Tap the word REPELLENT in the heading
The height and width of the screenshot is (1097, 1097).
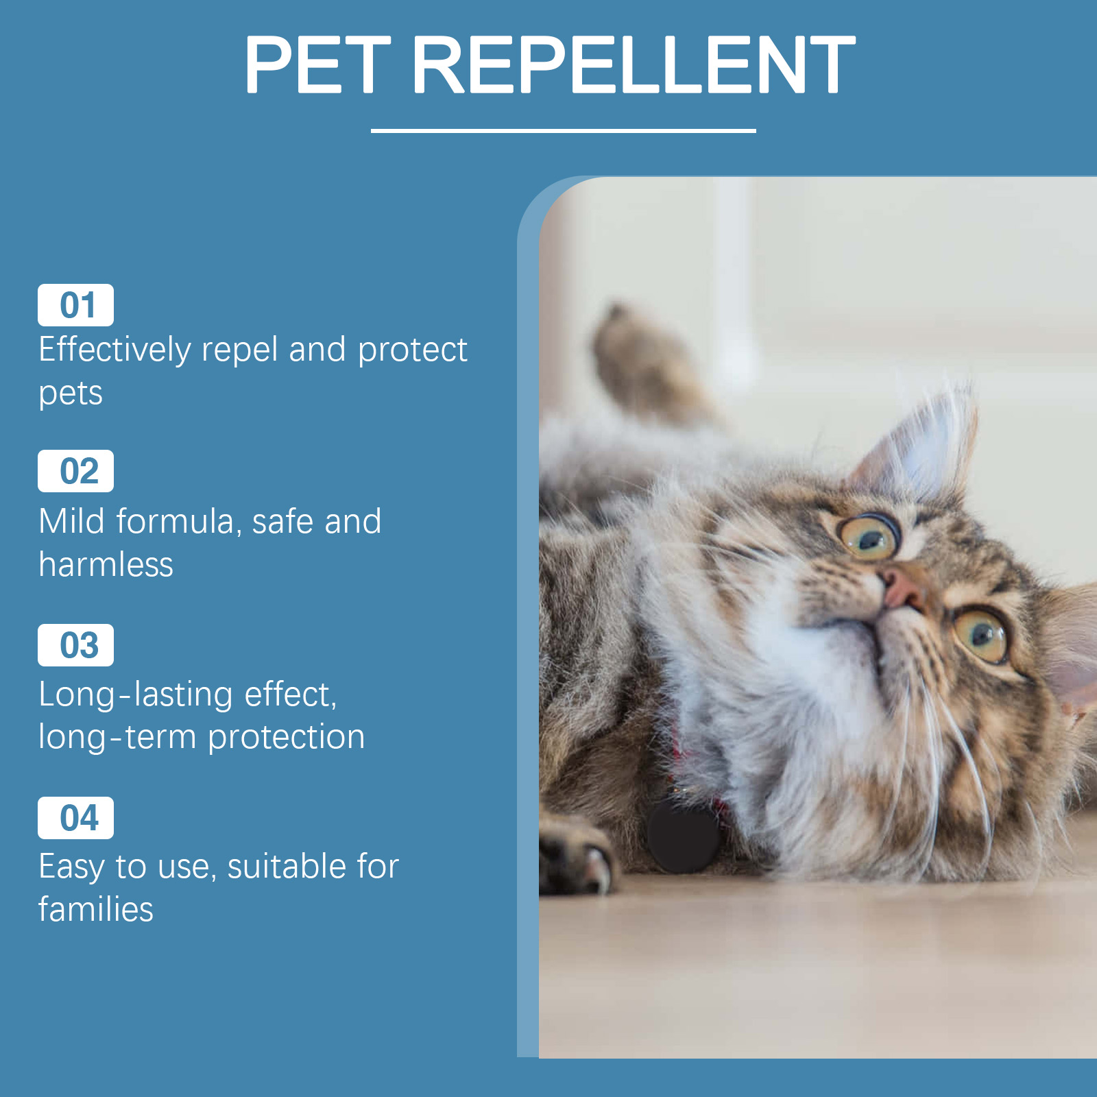(x=634, y=64)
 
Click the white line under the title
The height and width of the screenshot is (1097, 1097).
(x=563, y=130)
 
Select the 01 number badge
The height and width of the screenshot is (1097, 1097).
(x=75, y=305)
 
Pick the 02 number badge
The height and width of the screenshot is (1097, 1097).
(x=75, y=471)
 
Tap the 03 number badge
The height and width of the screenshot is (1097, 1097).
(x=75, y=645)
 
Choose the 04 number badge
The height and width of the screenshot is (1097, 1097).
(x=75, y=818)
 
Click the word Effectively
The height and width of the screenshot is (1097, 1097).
(x=114, y=351)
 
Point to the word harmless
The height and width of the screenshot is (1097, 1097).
(x=106, y=565)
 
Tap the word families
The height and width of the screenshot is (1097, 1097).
(x=96, y=909)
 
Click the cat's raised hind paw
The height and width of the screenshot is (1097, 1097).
(x=641, y=363)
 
